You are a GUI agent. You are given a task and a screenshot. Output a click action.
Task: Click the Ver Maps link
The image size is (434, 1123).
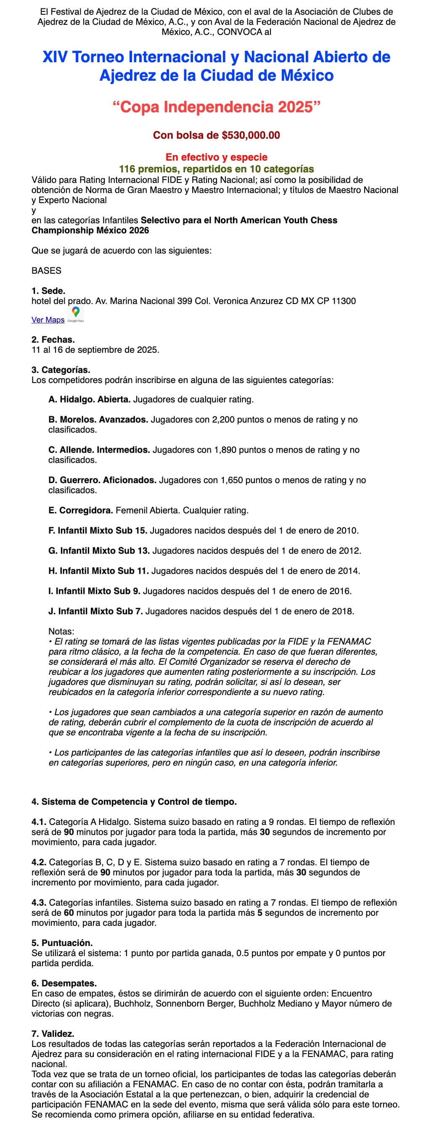[x=48, y=320]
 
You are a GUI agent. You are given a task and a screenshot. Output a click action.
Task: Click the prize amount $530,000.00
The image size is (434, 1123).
[x=250, y=135]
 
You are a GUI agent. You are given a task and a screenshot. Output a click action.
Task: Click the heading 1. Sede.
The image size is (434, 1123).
[x=48, y=291]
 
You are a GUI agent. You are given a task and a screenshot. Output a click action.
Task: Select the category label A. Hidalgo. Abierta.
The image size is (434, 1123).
[x=89, y=399]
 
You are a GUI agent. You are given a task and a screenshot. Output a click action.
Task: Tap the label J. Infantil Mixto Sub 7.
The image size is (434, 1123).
[x=95, y=611]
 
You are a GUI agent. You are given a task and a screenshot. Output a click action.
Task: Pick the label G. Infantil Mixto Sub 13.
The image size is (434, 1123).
[x=99, y=551]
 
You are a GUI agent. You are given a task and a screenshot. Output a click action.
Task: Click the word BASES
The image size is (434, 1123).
[x=46, y=271]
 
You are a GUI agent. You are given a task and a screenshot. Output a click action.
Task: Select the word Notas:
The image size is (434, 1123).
[x=61, y=631]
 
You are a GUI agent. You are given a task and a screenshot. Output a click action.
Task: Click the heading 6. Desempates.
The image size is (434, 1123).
[x=64, y=983]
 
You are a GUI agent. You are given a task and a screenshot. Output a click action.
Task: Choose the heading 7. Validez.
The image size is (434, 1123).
[x=53, y=1033]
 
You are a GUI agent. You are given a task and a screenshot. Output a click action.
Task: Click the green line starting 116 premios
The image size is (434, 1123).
[x=216, y=169]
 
